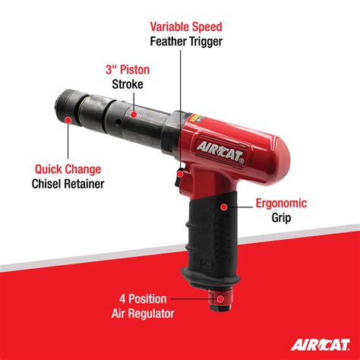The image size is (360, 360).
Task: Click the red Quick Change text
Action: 69,168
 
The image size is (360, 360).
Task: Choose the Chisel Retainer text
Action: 69,184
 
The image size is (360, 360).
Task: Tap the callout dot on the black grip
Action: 225,205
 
